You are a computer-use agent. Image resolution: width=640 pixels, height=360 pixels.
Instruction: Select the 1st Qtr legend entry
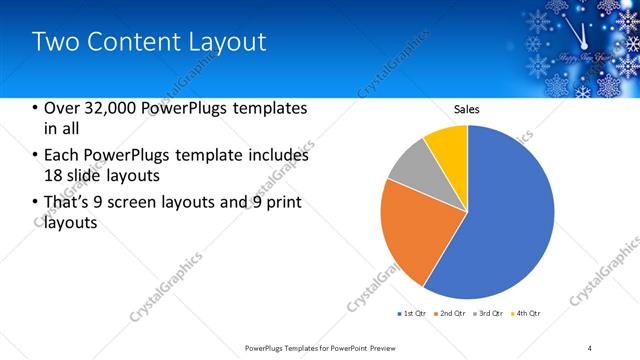(415, 314)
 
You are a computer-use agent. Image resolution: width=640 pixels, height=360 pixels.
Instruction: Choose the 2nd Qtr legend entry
(453, 314)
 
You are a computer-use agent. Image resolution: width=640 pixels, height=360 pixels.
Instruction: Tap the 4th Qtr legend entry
(528, 314)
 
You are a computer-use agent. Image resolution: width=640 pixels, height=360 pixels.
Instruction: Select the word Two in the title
(51, 42)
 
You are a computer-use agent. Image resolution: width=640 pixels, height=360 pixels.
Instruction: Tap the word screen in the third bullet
(155, 203)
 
